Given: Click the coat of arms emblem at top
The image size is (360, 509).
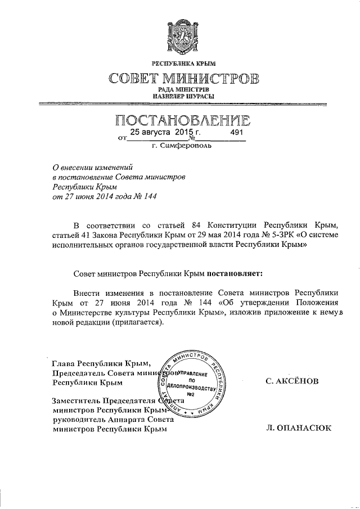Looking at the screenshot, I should click(180, 37).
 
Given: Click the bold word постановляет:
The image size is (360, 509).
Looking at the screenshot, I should click(235, 273).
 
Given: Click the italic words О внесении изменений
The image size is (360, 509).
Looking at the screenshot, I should click(92, 166).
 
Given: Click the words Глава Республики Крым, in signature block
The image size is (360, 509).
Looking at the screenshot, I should click(101, 363).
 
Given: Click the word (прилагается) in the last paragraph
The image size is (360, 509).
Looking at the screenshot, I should click(137, 322).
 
